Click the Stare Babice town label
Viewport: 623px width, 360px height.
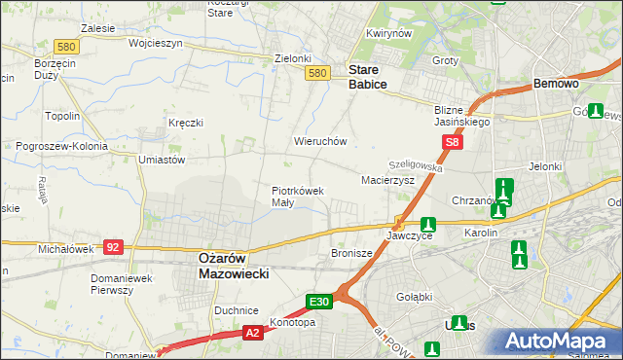(x=367, y=77)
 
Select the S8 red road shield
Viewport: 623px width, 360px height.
(x=452, y=143)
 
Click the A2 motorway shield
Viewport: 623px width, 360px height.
(x=252, y=332)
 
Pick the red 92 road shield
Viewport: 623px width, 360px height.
(x=113, y=247)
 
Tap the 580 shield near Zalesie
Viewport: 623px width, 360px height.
(x=66, y=46)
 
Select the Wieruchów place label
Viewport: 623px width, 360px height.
(x=321, y=141)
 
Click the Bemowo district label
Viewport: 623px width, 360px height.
(x=557, y=84)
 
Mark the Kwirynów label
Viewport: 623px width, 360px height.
(x=386, y=33)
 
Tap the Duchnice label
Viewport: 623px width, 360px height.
(x=235, y=310)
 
